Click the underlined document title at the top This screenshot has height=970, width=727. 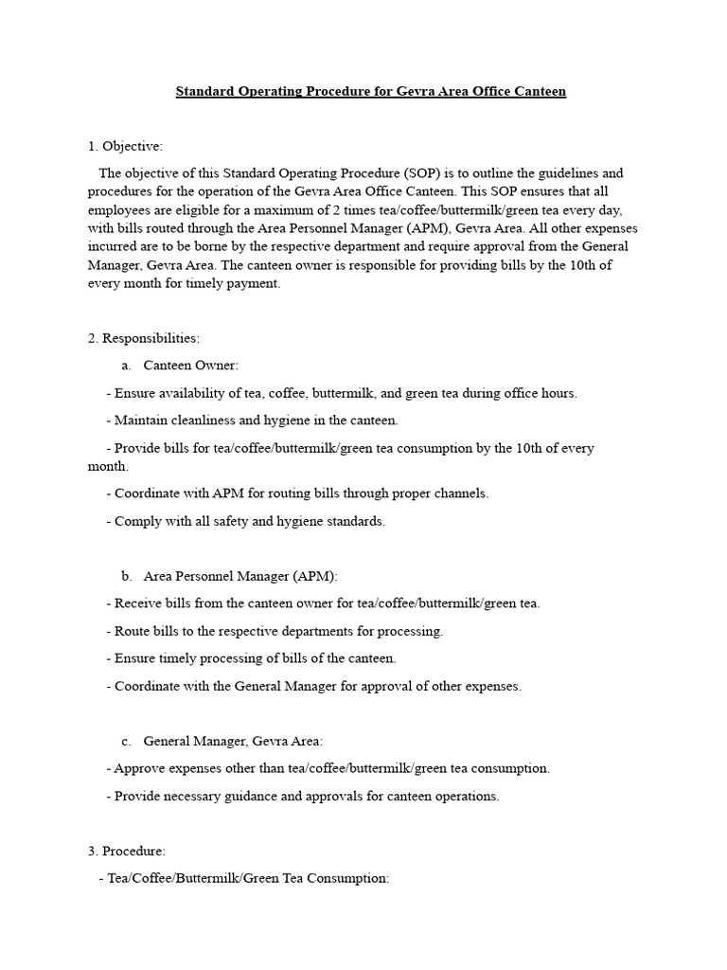[x=370, y=92]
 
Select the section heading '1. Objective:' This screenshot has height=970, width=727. [x=125, y=146]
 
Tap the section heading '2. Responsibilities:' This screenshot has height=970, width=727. [x=143, y=338]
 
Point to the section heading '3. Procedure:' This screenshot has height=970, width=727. [x=126, y=852]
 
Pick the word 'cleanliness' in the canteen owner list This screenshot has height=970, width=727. [x=203, y=420]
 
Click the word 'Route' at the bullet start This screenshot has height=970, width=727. [x=132, y=631]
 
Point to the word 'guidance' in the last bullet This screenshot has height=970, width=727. [x=251, y=796]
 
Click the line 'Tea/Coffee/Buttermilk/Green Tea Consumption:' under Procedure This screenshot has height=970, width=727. [x=248, y=879]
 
